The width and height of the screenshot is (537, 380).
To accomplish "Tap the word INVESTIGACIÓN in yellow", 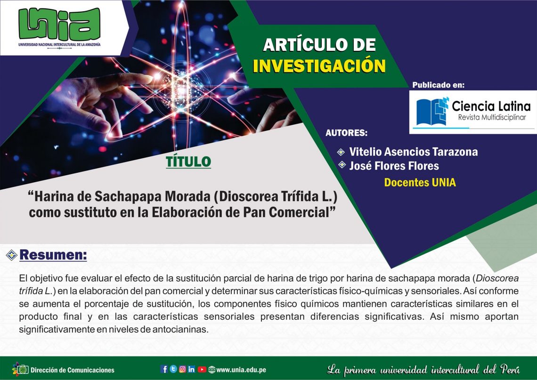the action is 319,66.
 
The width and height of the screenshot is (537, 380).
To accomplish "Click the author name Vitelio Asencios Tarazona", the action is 414,152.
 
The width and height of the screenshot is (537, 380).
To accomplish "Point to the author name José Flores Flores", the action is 394,166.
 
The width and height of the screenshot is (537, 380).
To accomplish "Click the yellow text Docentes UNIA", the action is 420,183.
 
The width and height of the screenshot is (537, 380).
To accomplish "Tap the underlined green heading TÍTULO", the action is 188,162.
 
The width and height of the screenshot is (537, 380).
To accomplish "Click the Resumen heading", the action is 53,255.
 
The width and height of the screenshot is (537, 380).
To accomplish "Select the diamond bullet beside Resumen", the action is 11,255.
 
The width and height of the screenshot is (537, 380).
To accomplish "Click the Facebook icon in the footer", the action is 164,369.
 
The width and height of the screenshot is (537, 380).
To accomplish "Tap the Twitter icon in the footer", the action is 173,369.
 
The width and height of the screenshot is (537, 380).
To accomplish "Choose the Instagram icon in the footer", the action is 183,369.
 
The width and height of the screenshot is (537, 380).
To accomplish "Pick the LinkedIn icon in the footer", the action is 191,369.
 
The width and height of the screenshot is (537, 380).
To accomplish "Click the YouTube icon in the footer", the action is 202,369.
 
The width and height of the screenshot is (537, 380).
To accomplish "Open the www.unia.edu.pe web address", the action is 241,370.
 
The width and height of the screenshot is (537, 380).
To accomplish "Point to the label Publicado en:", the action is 439,85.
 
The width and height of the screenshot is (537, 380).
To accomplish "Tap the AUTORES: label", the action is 346,133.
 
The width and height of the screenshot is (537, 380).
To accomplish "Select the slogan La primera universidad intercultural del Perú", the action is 423,369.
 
